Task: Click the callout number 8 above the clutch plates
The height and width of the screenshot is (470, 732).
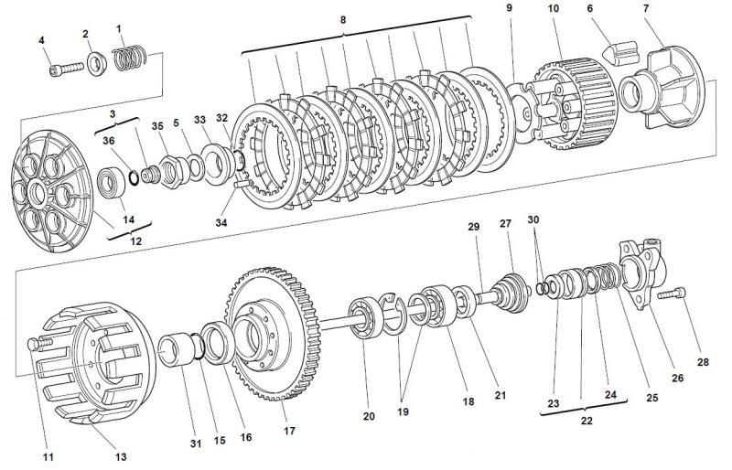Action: click(x=343, y=20)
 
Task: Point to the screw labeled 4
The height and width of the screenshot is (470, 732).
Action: click(x=66, y=69)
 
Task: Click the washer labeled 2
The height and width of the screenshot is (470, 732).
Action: click(x=97, y=64)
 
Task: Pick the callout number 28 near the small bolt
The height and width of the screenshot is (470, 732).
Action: click(x=703, y=362)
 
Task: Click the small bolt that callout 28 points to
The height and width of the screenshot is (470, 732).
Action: click(x=672, y=294)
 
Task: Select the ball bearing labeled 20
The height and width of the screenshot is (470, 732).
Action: click(x=367, y=318)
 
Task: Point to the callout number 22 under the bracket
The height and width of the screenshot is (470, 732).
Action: click(x=587, y=421)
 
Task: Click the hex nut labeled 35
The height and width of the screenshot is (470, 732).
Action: click(x=171, y=172)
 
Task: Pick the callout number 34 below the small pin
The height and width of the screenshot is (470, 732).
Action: click(x=221, y=222)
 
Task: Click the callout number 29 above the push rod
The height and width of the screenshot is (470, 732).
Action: click(x=473, y=227)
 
